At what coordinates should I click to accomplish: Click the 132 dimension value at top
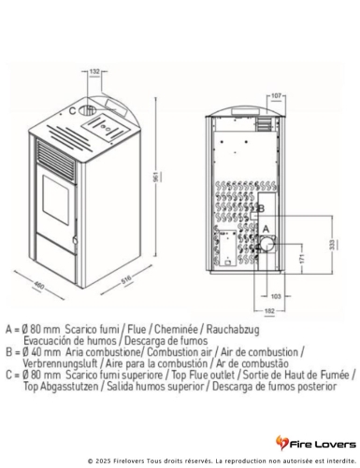pos(94,71)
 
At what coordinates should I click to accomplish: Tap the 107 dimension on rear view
pos(276,95)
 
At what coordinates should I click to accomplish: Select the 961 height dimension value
pos(158,177)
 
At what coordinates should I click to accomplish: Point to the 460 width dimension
pos(39,285)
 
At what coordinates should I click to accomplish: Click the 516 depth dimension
pos(126,279)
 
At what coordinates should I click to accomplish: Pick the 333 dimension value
pos(332,244)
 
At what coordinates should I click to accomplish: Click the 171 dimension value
pos(301,259)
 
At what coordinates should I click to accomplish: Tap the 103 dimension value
pos(276,296)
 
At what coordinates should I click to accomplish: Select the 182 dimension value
pos(269,311)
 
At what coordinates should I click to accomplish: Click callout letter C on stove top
pos(72,110)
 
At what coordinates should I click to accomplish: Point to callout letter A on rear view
pos(266,229)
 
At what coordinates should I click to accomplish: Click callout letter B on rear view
pos(261,208)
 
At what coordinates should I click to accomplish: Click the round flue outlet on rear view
pos(267,244)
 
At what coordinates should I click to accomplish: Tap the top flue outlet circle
pos(87,110)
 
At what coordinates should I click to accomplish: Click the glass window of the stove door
pos(56,200)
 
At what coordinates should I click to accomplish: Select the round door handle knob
pos(75,241)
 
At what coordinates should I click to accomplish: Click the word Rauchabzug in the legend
pos(233,329)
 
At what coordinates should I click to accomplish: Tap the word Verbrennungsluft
pos(60,363)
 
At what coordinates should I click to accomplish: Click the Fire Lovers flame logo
pos(281,443)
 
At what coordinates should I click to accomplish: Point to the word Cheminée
pos(177,329)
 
